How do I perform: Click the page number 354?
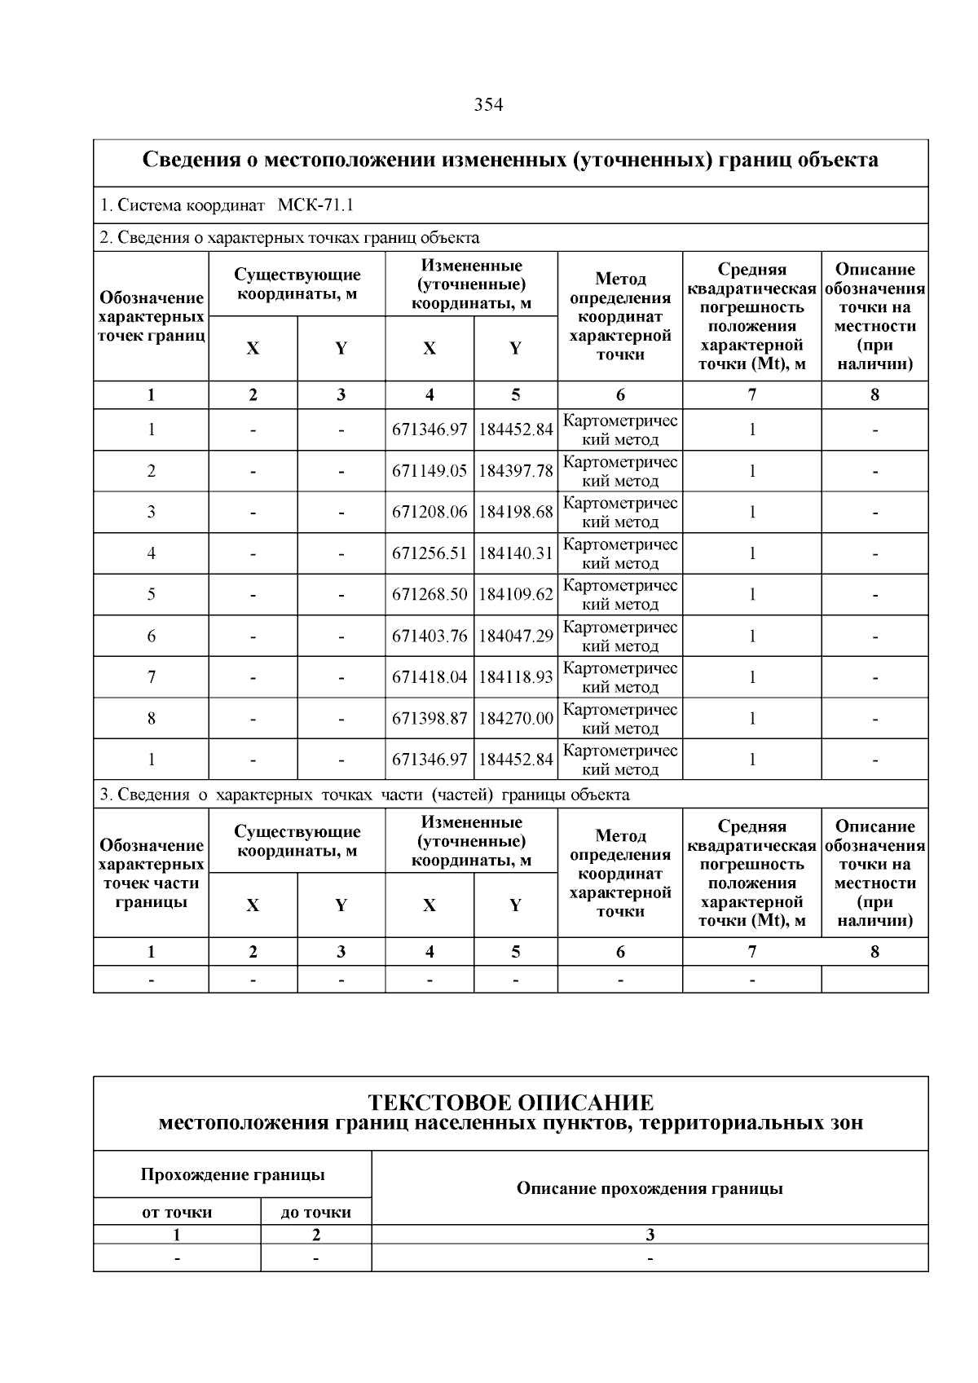click(x=488, y=105)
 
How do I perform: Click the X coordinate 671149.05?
click(x=430, y=471)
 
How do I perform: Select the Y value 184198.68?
click(x=515, y=513)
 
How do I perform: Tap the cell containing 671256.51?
click(x=430, y=554)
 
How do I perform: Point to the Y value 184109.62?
click(x=515, y=595)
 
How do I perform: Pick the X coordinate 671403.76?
click(x=430, y=636)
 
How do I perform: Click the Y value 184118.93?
click(x=515, y=677)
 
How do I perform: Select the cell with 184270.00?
click(x=515, y=719)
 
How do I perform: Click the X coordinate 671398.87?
click(x=430, y=719)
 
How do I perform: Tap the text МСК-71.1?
click(x=315, y=205)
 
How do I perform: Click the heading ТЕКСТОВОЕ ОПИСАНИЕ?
click(x=510, y=1103)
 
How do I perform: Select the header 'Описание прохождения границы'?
click(x=650, y=1188)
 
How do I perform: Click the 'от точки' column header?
click(x=177, y=1212)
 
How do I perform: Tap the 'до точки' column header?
click(x=315, y=1212)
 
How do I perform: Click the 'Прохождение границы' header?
click(x=232, y=1174)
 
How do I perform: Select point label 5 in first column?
click(x=151, y=595)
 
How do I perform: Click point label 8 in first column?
click(x=151, y=719)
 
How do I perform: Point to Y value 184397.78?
click(x=515, y=471)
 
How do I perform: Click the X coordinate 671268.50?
click(x=430, y=595)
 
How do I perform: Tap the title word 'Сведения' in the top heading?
click(x=191, y=160)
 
